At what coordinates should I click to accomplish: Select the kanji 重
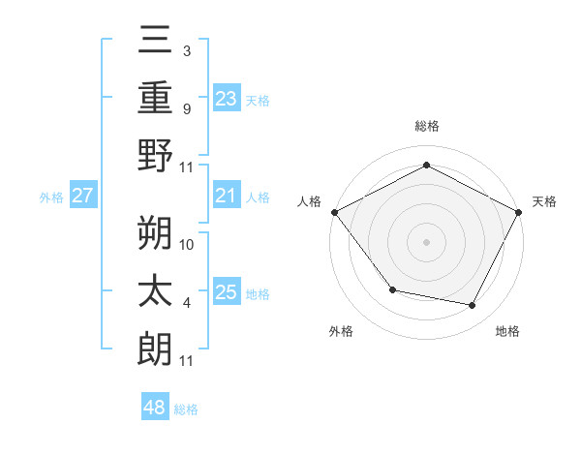(156, 96)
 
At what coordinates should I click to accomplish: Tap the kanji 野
(156, 155)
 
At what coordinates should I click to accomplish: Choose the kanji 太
(156, 290)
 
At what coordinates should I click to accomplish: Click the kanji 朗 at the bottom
(156, 349)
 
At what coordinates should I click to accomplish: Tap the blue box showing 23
(226, 98)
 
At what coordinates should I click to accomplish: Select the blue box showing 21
(226, 197)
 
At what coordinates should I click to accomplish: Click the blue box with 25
(226, 292)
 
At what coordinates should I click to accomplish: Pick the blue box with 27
(82, 197)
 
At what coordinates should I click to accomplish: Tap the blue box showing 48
(155, 408)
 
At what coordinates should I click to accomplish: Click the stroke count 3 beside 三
(186, 49)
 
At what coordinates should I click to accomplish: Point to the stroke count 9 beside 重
(186, 108)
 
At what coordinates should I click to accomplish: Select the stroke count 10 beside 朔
(187, 244)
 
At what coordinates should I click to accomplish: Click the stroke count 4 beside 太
(186, 303)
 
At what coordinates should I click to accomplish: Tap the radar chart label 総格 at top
(427, 127)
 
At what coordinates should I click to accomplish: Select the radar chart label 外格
(341, 331)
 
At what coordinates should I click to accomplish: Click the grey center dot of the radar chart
(427, 241)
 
